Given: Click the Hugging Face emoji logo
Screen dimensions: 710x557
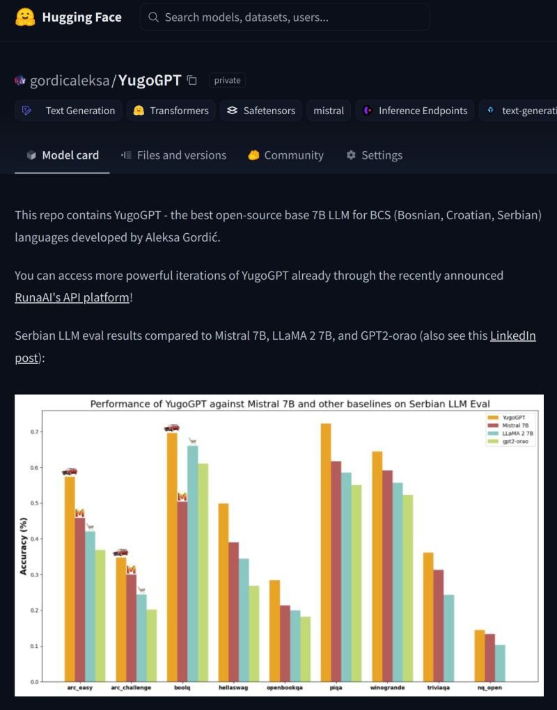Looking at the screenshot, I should pos(26,17).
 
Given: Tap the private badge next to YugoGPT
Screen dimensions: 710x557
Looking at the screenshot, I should pos(227,80).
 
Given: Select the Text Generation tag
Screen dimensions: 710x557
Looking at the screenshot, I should pos(69,111).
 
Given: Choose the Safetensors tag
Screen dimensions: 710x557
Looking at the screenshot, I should pos(261,111).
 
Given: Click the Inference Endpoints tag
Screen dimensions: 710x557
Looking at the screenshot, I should pos(415,111).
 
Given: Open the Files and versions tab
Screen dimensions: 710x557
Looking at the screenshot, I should pos(173,155).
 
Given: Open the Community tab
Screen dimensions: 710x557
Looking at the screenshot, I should pos(285,155).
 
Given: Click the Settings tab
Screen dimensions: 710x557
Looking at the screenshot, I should pos(374,155).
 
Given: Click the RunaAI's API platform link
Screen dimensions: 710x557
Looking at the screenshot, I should pos(72,297).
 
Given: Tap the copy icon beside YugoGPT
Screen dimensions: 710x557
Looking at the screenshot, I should pos(192,80).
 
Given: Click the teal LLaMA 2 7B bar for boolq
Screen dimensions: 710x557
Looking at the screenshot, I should pos(193,563).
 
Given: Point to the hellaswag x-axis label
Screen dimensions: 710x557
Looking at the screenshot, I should pos(234,688).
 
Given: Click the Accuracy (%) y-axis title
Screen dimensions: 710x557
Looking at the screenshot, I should pos(23,546).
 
